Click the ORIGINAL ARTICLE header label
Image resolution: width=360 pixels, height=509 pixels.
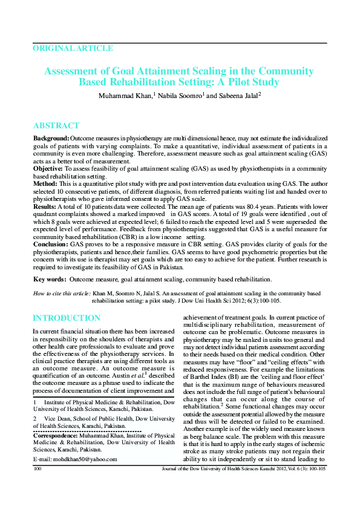point(73,48)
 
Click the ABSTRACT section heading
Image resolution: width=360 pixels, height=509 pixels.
point(56,126)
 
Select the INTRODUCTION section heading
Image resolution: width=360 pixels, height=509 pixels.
point(67,318)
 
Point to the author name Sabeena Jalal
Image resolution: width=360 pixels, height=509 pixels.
point(237,96)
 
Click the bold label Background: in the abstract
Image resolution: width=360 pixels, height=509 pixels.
point(51,139)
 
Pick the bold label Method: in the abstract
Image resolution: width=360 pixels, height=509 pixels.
point(46,183)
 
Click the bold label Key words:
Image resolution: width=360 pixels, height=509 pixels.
point(50,280)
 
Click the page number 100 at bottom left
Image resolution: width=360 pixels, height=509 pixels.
point(38,485)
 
